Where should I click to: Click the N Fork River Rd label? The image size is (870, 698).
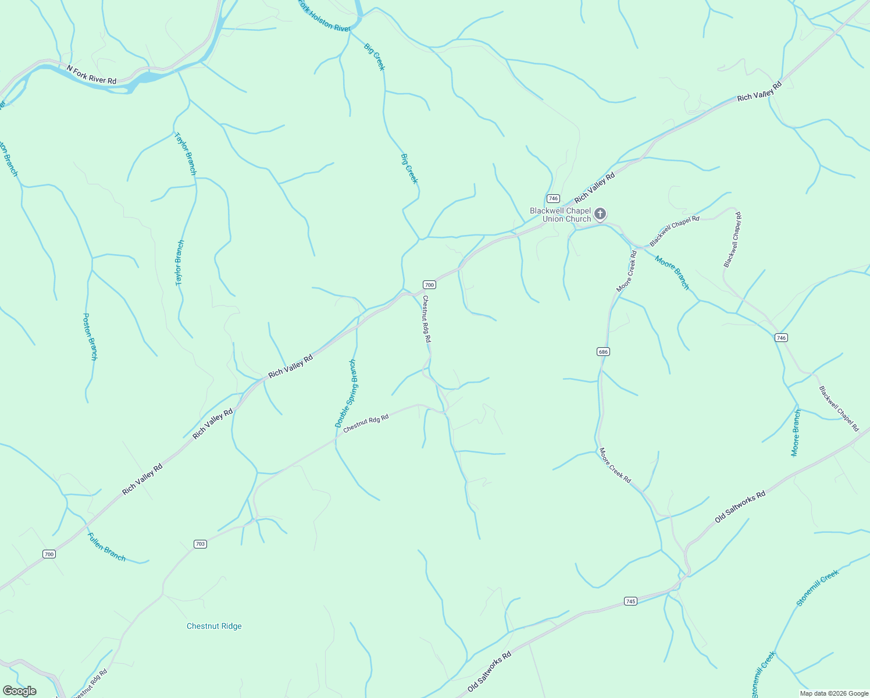point(91,74)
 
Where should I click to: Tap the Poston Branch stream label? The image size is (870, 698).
point(90,337)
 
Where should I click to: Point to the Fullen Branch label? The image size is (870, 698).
point(106,547)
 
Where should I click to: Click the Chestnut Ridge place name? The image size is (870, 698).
point(214,626)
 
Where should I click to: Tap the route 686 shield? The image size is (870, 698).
point(603,352)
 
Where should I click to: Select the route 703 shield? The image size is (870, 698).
point(200,544)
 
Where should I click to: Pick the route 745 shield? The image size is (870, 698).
point(631,601)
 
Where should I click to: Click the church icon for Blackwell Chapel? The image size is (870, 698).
point(601,214)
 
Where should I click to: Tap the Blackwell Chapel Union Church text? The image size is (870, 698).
point(559,215)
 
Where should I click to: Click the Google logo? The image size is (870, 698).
point(19,691)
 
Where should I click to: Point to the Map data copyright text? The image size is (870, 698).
point(833,693)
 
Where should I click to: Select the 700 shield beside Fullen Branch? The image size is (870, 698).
point(49,554)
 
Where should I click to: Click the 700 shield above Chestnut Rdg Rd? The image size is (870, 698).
point(429,284)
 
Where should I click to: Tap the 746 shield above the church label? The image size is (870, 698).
point(553,198)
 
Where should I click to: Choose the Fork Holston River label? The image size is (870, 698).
point(324,17)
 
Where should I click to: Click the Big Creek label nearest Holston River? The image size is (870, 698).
point(375,56)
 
